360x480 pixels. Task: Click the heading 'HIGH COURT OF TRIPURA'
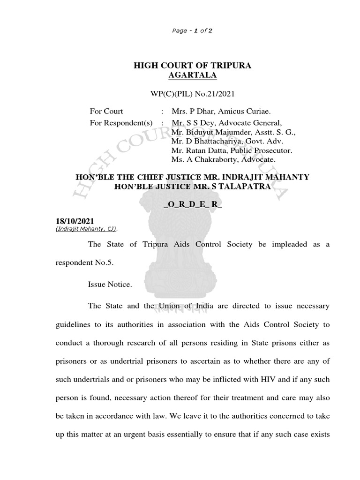click(x=193, y=65)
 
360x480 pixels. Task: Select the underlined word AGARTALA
click(x=193, y=75)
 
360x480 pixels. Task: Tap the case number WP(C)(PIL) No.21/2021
click(x=192, y=94)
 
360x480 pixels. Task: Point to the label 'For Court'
click(x=106, y=111)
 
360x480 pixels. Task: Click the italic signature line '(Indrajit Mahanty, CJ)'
click(x=87, y=228)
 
